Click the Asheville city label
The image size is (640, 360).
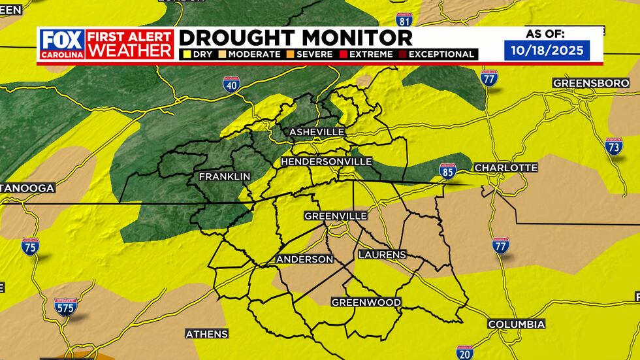[x=316, y=132]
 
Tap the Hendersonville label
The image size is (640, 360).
[x=326, y=161]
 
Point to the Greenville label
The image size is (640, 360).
[x=336, y=216]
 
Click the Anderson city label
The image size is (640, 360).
[x=304, y=259]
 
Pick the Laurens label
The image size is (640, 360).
[x=382, y=254]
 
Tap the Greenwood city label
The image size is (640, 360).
[x=366, y=303]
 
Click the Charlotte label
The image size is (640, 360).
[x=505, y=168]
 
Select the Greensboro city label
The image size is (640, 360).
[x=584, y=84]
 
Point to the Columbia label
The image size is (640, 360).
[x=516, y=325]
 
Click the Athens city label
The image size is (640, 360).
[x=206, y=334]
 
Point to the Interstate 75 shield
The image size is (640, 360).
[x=30, y=246]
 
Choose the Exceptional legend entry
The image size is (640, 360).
[x=440, y=54]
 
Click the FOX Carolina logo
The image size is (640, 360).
[x=61, y=44]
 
